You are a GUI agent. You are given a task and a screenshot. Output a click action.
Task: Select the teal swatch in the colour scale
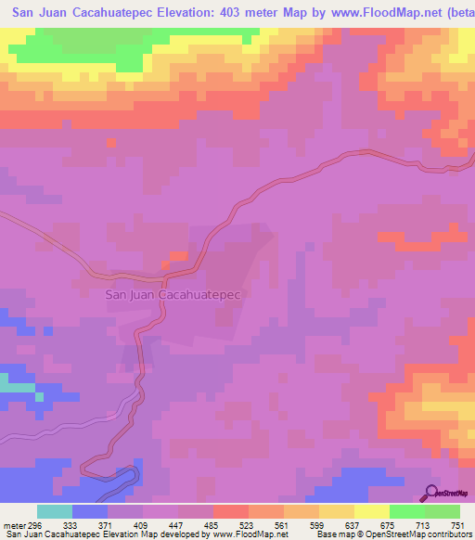click(x=55, y=511)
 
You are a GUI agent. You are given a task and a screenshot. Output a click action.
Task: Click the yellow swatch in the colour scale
click(x=372, y=511)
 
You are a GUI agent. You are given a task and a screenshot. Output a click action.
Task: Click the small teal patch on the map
click(x=13, y=382)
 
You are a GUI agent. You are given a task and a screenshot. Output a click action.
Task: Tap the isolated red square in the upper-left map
click(x=111, y=143)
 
